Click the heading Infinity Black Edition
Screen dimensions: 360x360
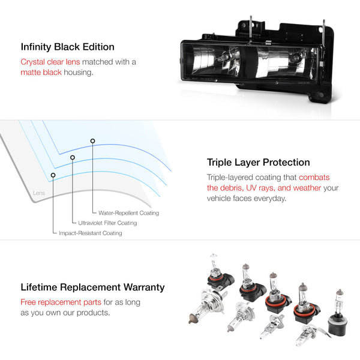pyautogui.click(x=67, y=46)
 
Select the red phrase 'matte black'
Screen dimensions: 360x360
pyautogui.click(x=41, y=73)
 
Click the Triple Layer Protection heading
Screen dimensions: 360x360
pyautogui.click(x=259, y=162)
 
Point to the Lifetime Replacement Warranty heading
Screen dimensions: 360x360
pyautogui.click(x=92, y=287)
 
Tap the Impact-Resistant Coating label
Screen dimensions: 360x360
pyautogui.click(x=90, y=233)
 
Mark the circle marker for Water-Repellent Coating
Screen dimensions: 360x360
pyautogui.click(x=92, y=141)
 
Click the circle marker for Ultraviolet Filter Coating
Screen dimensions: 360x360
pyautogui.click(x=73, y=158)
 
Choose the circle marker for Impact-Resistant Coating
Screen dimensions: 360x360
pyautogui.click(x=53, y=175)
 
